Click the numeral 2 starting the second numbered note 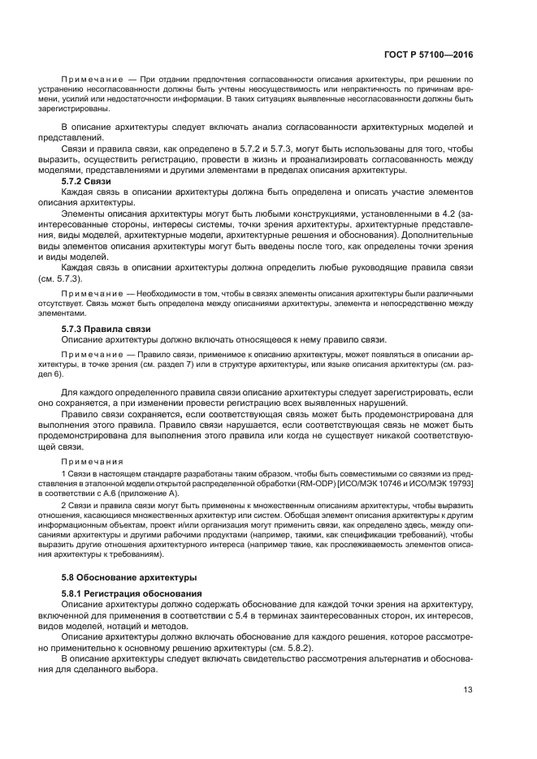coord(64,504)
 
